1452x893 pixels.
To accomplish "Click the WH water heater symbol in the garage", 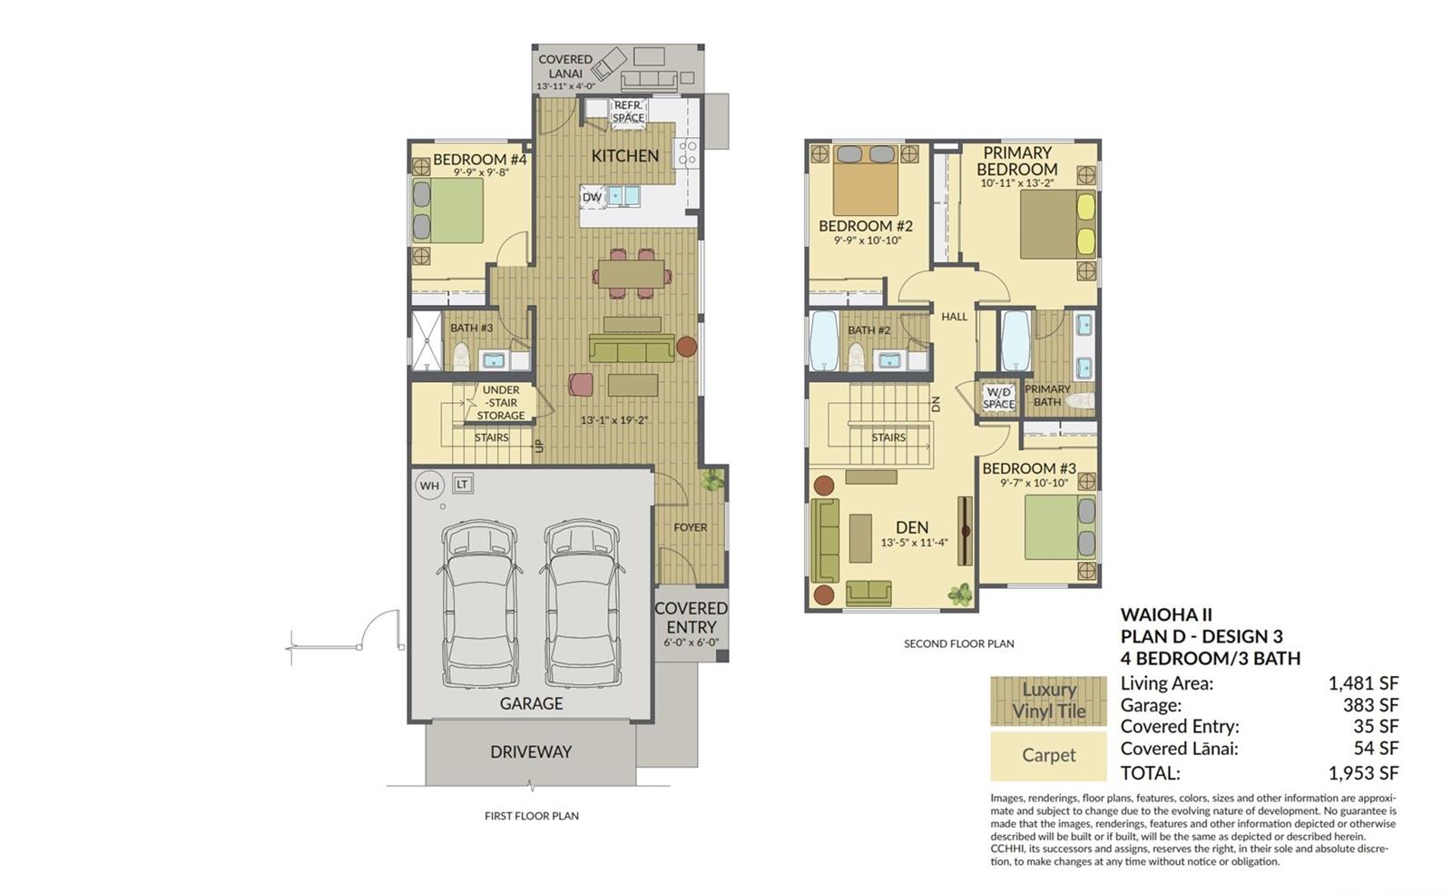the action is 429,486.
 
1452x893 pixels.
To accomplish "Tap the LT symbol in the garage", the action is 462,484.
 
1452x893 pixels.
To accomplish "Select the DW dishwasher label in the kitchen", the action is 592,197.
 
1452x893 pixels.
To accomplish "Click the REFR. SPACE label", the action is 628,112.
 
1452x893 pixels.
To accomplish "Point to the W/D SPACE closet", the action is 998,397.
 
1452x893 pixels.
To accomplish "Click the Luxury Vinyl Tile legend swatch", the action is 1048,701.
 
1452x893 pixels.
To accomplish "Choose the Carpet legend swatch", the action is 1048,756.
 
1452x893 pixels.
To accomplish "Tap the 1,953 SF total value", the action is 1363,772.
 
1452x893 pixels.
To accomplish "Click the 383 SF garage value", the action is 1370,704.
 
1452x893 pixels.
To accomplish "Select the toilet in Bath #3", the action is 461,357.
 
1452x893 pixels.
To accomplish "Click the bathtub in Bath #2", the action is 824,341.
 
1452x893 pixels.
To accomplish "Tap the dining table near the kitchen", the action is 632,273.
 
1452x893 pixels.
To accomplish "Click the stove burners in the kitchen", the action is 687,153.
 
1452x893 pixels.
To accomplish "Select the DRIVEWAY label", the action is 531,751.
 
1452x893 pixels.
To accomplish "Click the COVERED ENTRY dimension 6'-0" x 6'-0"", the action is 691,643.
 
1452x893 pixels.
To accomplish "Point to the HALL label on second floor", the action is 954,316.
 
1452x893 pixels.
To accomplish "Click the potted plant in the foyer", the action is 712,479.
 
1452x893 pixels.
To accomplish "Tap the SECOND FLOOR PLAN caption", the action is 958,643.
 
